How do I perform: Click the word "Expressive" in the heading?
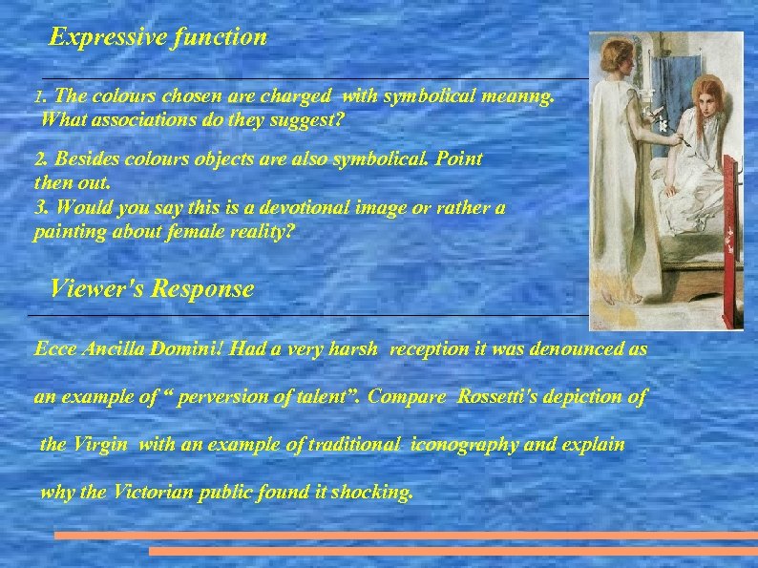click(x=99, y=38)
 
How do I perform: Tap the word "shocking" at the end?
click(x=371, y=494)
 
